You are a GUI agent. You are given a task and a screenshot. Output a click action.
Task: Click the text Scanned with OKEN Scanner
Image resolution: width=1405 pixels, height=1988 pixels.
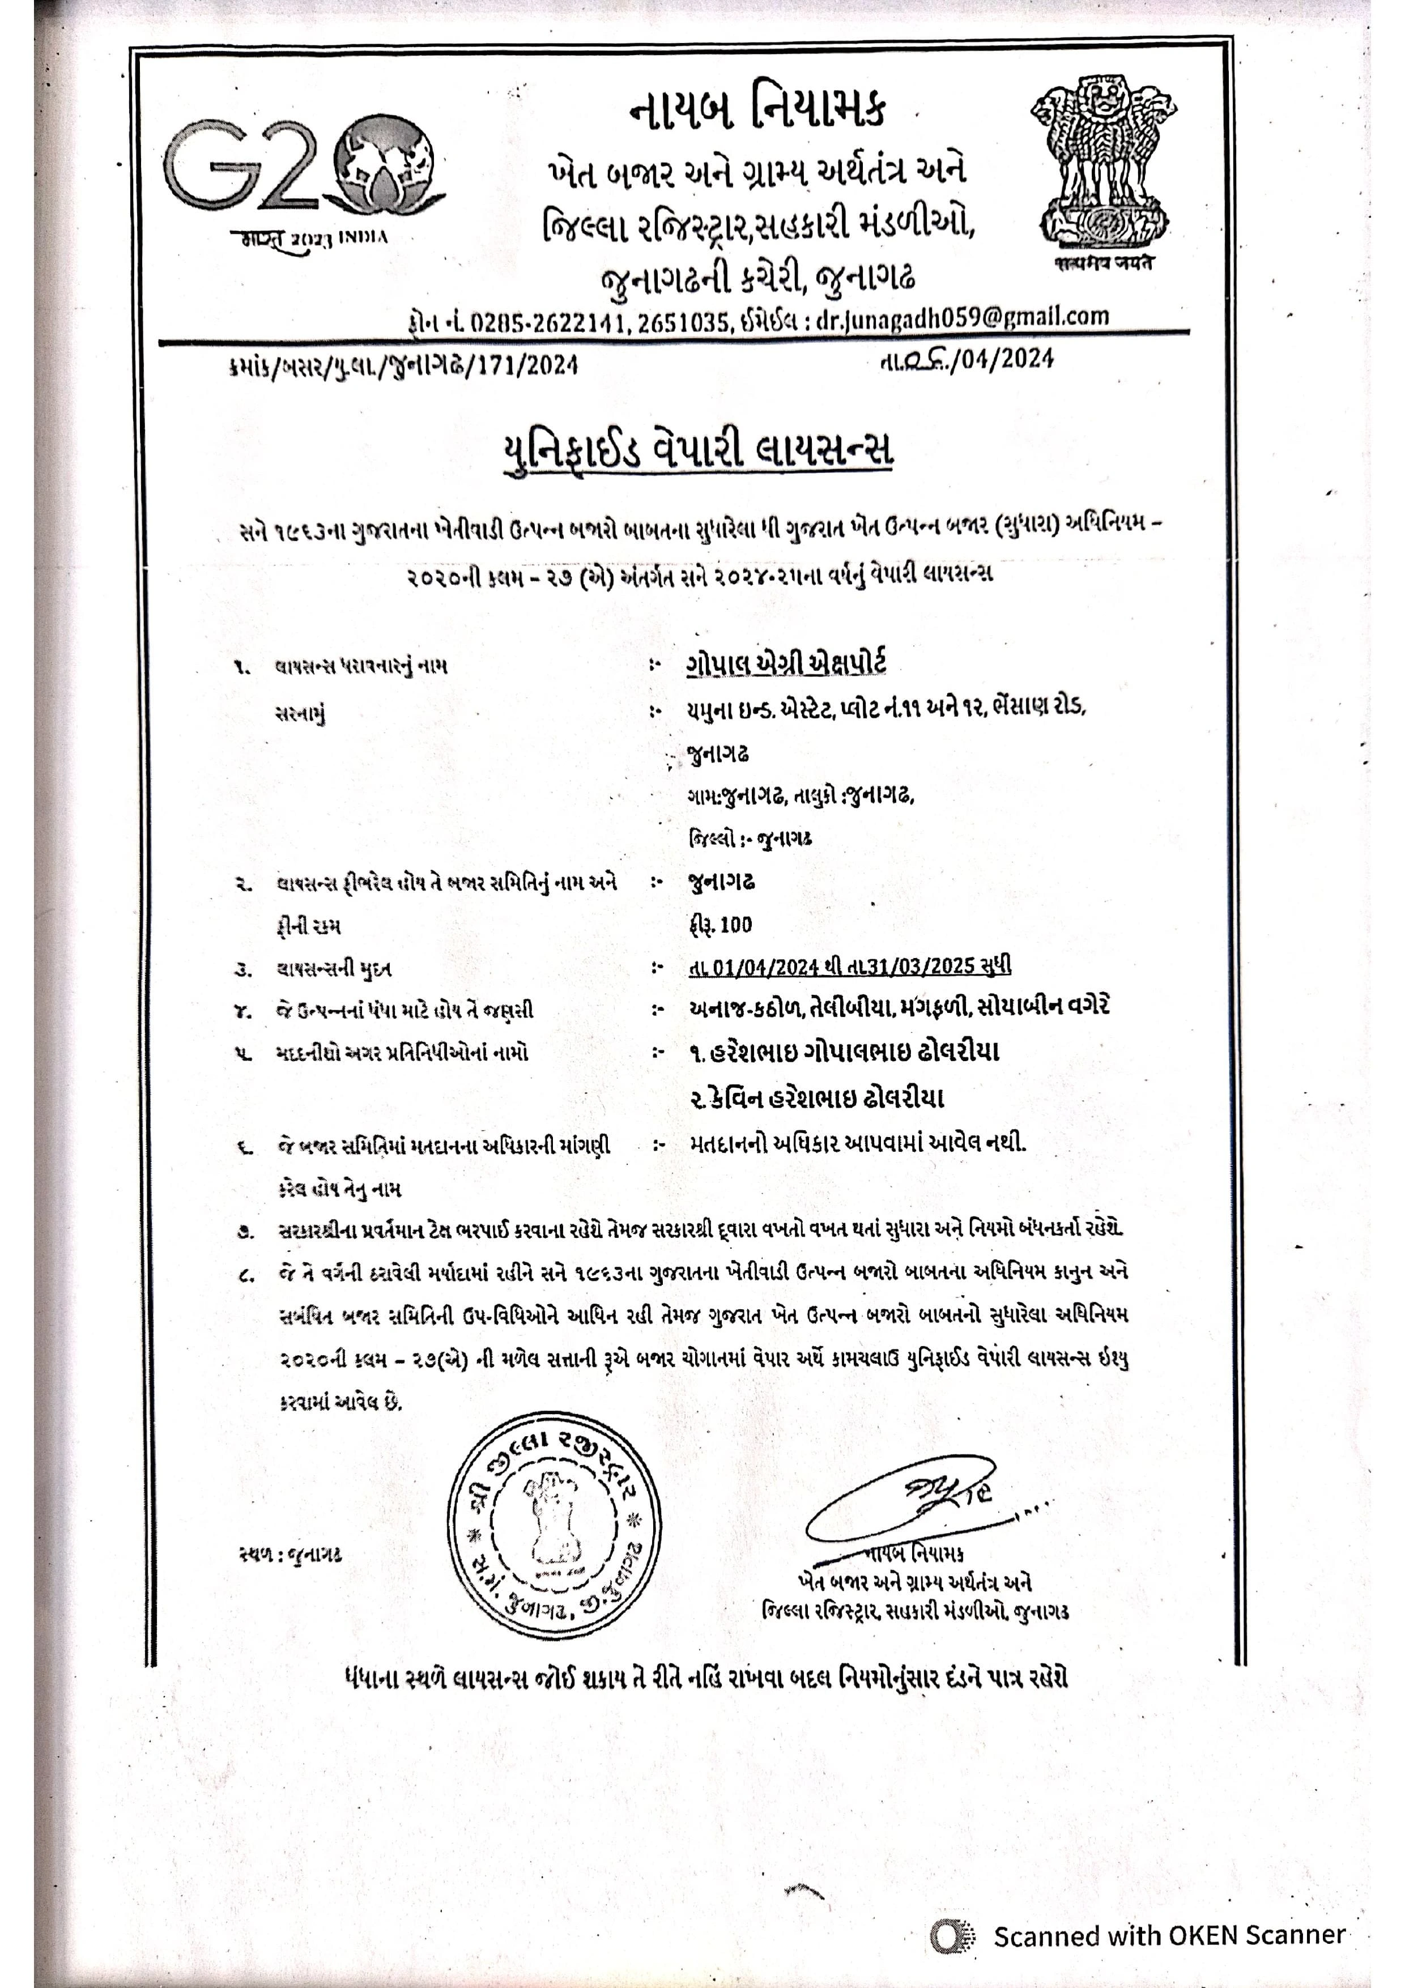pyautogui.click(x=1169, y=1936)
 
